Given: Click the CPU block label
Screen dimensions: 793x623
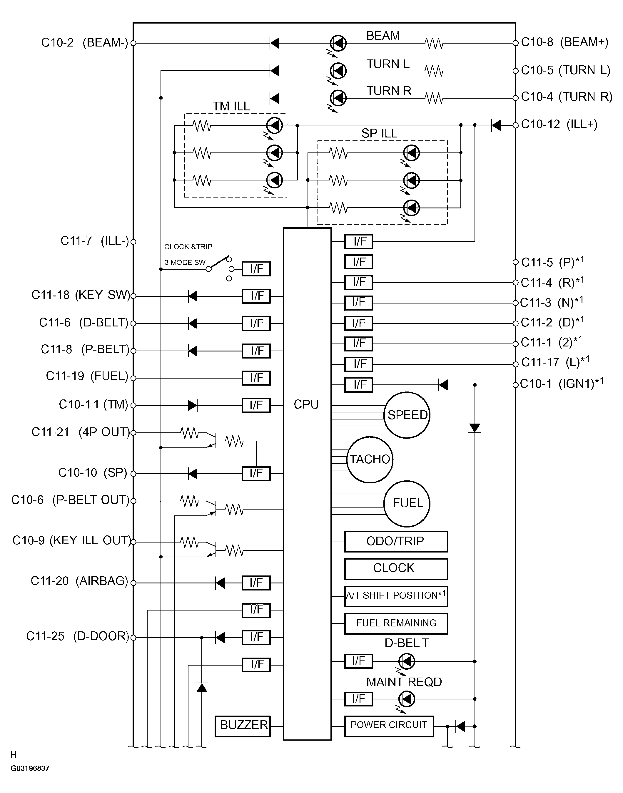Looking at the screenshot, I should tap(306, 404).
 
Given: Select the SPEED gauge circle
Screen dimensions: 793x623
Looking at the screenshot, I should tap(407, 415).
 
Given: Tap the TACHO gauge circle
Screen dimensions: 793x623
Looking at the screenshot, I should tap(370, 459).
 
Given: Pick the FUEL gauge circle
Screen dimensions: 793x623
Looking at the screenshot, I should tap(407, 503).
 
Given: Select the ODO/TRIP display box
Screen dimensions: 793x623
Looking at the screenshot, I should tap(396, 541).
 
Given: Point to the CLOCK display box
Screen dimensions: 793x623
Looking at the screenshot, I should tap(396, 569).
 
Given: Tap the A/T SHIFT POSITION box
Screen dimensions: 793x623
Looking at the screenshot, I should tap(396, 596).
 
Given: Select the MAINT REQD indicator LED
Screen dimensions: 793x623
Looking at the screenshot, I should tap(407, 699).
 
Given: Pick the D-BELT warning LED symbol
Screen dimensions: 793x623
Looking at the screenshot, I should tap(407, 661).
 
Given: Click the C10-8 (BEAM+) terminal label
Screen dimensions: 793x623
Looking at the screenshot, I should tap(564, 42).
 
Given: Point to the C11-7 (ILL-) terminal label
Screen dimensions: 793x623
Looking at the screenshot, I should tap(94, 241).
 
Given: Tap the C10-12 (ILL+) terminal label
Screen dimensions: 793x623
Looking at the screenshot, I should tap(559, 125).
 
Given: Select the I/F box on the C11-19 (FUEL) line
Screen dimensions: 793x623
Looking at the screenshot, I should tap(256, 378).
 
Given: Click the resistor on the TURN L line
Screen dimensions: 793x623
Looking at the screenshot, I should tap(434, 71).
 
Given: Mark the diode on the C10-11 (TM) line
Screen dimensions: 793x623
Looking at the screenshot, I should tap(193, 405).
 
